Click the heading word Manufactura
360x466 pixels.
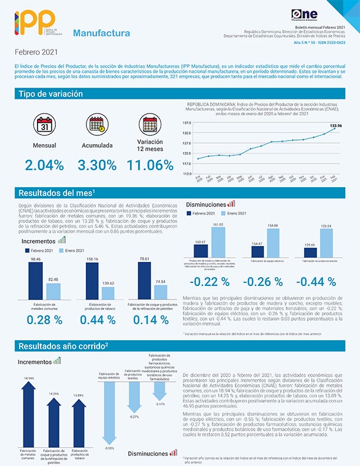click(102, 34)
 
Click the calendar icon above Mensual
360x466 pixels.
click(44, 125)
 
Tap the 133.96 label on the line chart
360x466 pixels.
click(336, 125)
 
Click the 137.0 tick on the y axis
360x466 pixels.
click(188, 123)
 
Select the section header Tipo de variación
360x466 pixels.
click(51, 94)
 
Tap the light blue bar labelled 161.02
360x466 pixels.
click(218, 241)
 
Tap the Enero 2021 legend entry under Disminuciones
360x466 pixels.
click(234, 212)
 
